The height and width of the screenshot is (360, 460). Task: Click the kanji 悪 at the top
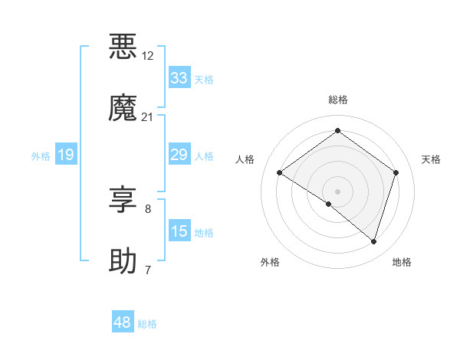(123, 46)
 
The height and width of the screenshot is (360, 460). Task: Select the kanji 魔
(123, 107)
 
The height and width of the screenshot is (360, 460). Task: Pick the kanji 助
(123, 260)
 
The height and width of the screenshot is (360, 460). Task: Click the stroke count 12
(148, 56)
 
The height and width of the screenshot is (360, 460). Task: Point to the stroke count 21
(148, 117)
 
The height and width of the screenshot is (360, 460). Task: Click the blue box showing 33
(179, 78)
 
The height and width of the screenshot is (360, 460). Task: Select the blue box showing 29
(179, 155)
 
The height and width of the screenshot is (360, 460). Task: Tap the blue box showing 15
(179, 231)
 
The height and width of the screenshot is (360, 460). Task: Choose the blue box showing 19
(66, 155)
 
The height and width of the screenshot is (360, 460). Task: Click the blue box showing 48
(123, 322)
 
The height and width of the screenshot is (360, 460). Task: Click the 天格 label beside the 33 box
(204, 80)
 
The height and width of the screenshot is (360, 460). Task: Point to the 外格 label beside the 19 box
(41, 156)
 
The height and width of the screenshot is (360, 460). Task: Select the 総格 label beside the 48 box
(147, 324)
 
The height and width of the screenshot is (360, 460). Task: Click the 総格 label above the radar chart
(337, 100)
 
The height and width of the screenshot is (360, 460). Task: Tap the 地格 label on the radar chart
(402, 262)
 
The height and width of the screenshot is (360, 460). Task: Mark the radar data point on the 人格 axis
(279, 173)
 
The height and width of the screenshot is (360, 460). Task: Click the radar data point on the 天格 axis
(396, 173)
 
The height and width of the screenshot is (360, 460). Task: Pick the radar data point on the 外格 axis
(329, 204)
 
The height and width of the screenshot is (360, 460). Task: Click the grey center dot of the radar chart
(337, 191)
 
